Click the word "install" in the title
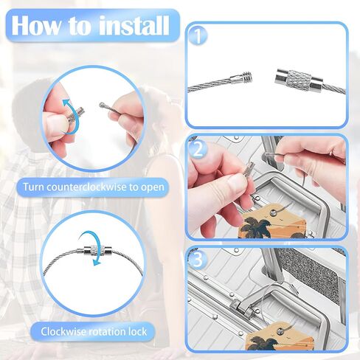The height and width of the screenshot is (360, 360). click(x=134, y=25)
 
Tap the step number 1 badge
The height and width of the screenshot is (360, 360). click(x=198, y=36)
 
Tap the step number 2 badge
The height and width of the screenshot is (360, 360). click(x=198, y=149)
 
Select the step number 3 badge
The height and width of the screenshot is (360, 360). click(x=198, y=260)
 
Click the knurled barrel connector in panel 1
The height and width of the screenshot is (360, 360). click(x=300, y=79)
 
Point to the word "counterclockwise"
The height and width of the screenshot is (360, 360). click(x=87, y=187)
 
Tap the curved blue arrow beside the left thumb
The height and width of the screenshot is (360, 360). click(x=68, y=116)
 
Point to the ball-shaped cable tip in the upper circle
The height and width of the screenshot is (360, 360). click(x=101, y=105)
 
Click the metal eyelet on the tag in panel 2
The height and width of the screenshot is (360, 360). click(x=272, y=212)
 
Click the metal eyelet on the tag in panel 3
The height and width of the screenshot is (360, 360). click(x=280, y=332)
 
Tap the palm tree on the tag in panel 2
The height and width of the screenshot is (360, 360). click(x=256, y=226)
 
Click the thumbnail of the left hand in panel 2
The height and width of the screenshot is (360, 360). click(x=237, y=183)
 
